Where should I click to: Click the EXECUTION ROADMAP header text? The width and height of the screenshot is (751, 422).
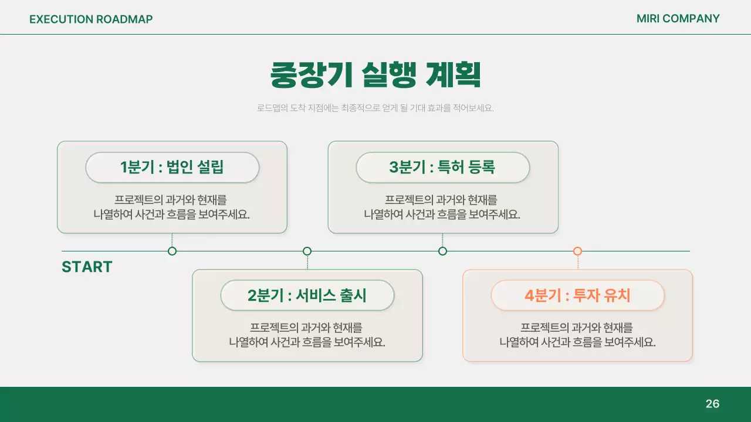(91, 19)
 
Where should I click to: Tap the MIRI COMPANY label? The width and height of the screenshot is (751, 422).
(678, 19)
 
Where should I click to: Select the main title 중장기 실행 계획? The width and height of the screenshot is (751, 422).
(375, 75)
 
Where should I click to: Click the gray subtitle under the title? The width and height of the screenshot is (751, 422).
(375, 108)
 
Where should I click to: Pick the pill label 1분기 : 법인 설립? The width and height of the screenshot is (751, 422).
(172, 168)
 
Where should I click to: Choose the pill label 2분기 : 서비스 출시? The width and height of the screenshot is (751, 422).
(307, 295)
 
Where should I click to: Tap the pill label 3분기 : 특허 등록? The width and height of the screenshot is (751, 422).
(442, 168)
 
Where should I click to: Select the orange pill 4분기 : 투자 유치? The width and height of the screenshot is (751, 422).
(577, 295)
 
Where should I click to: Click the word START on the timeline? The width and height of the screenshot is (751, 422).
(87, 267)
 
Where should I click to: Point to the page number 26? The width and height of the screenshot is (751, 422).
(712, 404)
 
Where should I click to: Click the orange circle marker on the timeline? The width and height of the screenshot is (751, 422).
(577, 251)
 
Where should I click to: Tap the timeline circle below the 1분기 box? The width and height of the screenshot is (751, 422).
(172, 251)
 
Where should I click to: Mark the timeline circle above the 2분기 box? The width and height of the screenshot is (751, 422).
(307, 251)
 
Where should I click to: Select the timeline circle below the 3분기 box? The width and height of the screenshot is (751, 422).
(442, 251)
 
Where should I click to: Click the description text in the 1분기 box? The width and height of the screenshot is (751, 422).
(172, 207)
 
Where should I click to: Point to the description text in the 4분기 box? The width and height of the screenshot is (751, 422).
(577, 335)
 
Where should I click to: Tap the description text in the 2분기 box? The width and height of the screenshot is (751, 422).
(307, 335)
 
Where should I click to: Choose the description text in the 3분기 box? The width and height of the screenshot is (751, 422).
(442, 207)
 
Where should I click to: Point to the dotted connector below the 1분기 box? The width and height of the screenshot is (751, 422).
(172, 240)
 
